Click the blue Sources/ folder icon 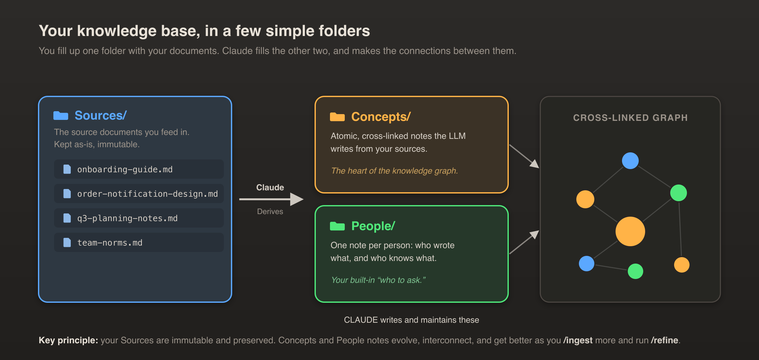(61, 115)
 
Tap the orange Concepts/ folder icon (337, 117)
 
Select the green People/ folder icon (337, 226)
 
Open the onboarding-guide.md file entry (139, 169)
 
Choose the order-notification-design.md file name (148, 194)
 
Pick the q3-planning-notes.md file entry (139, 218)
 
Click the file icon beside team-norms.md (67, 242)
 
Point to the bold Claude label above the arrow (270, 187)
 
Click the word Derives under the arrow (270, 212)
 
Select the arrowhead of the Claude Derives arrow (297, 199)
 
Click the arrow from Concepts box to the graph (524, 156)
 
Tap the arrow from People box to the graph (524, 242)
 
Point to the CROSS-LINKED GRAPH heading (630, 118)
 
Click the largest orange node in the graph (630, 231)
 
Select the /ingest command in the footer (578, 340)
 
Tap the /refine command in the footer (664, 340)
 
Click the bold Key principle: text (69, 340)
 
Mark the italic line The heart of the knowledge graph (395, 171)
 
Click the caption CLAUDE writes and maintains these (412, 320)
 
